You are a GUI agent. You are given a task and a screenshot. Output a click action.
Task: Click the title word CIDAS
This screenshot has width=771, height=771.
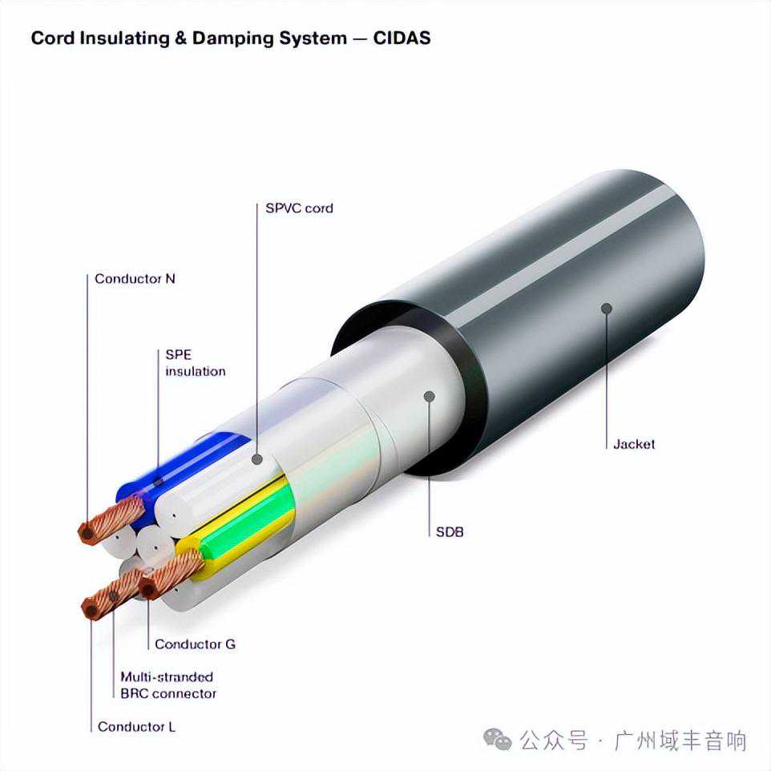click(x=402, y=38)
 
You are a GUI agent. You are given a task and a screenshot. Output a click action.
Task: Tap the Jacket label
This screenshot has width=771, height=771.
click(x=633, y=443)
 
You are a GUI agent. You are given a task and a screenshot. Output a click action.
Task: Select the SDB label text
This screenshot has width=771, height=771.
click(x=450, y=531)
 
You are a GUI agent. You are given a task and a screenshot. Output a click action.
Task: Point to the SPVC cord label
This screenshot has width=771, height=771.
click(x=299, y=208)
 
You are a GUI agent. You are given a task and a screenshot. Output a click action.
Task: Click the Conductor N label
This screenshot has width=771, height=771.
click(x=135, y=279)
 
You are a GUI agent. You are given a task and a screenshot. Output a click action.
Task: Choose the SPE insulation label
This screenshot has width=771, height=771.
click(x=195, y=362)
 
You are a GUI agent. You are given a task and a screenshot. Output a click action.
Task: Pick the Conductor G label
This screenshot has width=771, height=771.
click(x=195, y=644)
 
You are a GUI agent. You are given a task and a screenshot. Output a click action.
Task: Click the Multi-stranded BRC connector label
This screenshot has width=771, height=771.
click(x=168, y=685)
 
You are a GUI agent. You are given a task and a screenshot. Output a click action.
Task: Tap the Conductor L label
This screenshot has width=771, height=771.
click(x=136, y=727)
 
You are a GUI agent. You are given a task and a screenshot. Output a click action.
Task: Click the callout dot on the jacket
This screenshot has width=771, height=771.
click(x=607, y=308)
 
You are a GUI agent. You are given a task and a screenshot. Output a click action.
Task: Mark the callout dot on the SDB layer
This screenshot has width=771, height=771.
click(x=429, y=396)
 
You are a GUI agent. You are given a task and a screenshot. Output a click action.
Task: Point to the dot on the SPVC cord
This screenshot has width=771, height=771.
click(x=256, y=459)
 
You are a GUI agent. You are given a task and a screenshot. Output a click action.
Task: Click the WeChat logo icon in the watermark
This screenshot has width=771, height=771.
click(x=498, y=740)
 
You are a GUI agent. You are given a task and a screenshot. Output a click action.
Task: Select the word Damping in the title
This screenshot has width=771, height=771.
click(x=227, y=38)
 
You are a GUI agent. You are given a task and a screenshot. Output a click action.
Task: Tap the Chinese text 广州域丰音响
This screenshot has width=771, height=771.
click(x=680, y=740)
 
